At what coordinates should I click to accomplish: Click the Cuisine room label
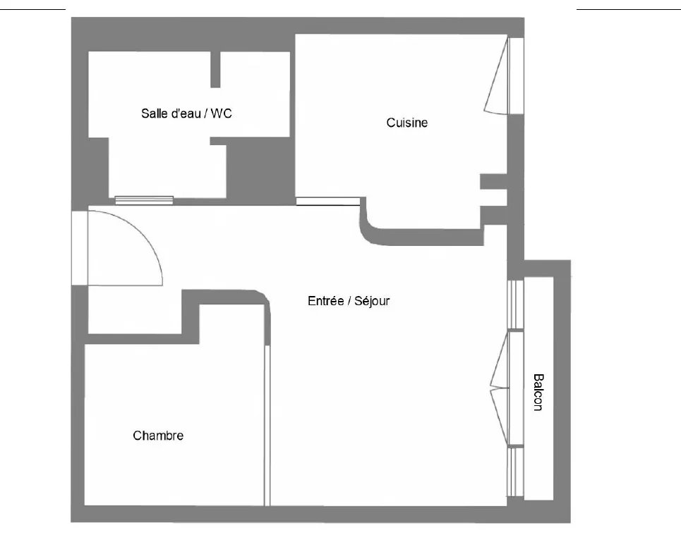click(x=407, y=123)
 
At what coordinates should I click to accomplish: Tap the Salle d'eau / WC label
click(x=186, y=113)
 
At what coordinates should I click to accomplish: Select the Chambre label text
click(x=158, y=436)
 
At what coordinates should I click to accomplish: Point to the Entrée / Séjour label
click(x=349, y=300)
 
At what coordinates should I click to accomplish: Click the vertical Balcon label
click(x=538, y=392)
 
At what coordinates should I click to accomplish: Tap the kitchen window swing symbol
click(x=496, y=76)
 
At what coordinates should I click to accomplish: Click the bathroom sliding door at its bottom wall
click(x=144, y=200)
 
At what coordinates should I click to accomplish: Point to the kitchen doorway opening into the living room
click(x=328, y=201)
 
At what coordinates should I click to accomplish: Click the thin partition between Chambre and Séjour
click(x=267, y=426)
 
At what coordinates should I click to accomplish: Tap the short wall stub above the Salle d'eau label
click(x=215, y=69)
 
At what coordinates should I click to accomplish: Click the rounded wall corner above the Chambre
click(x=262, y=299)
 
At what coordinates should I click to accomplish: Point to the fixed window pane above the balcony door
click(x=516, y=304)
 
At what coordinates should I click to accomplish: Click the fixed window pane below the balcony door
click(x=516, y=472)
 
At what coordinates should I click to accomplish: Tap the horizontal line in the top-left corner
click(x=32, y=8)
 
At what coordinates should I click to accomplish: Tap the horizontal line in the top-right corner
click(x=629, y=8)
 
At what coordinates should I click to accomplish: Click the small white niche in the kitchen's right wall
click(x=494, y=197)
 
